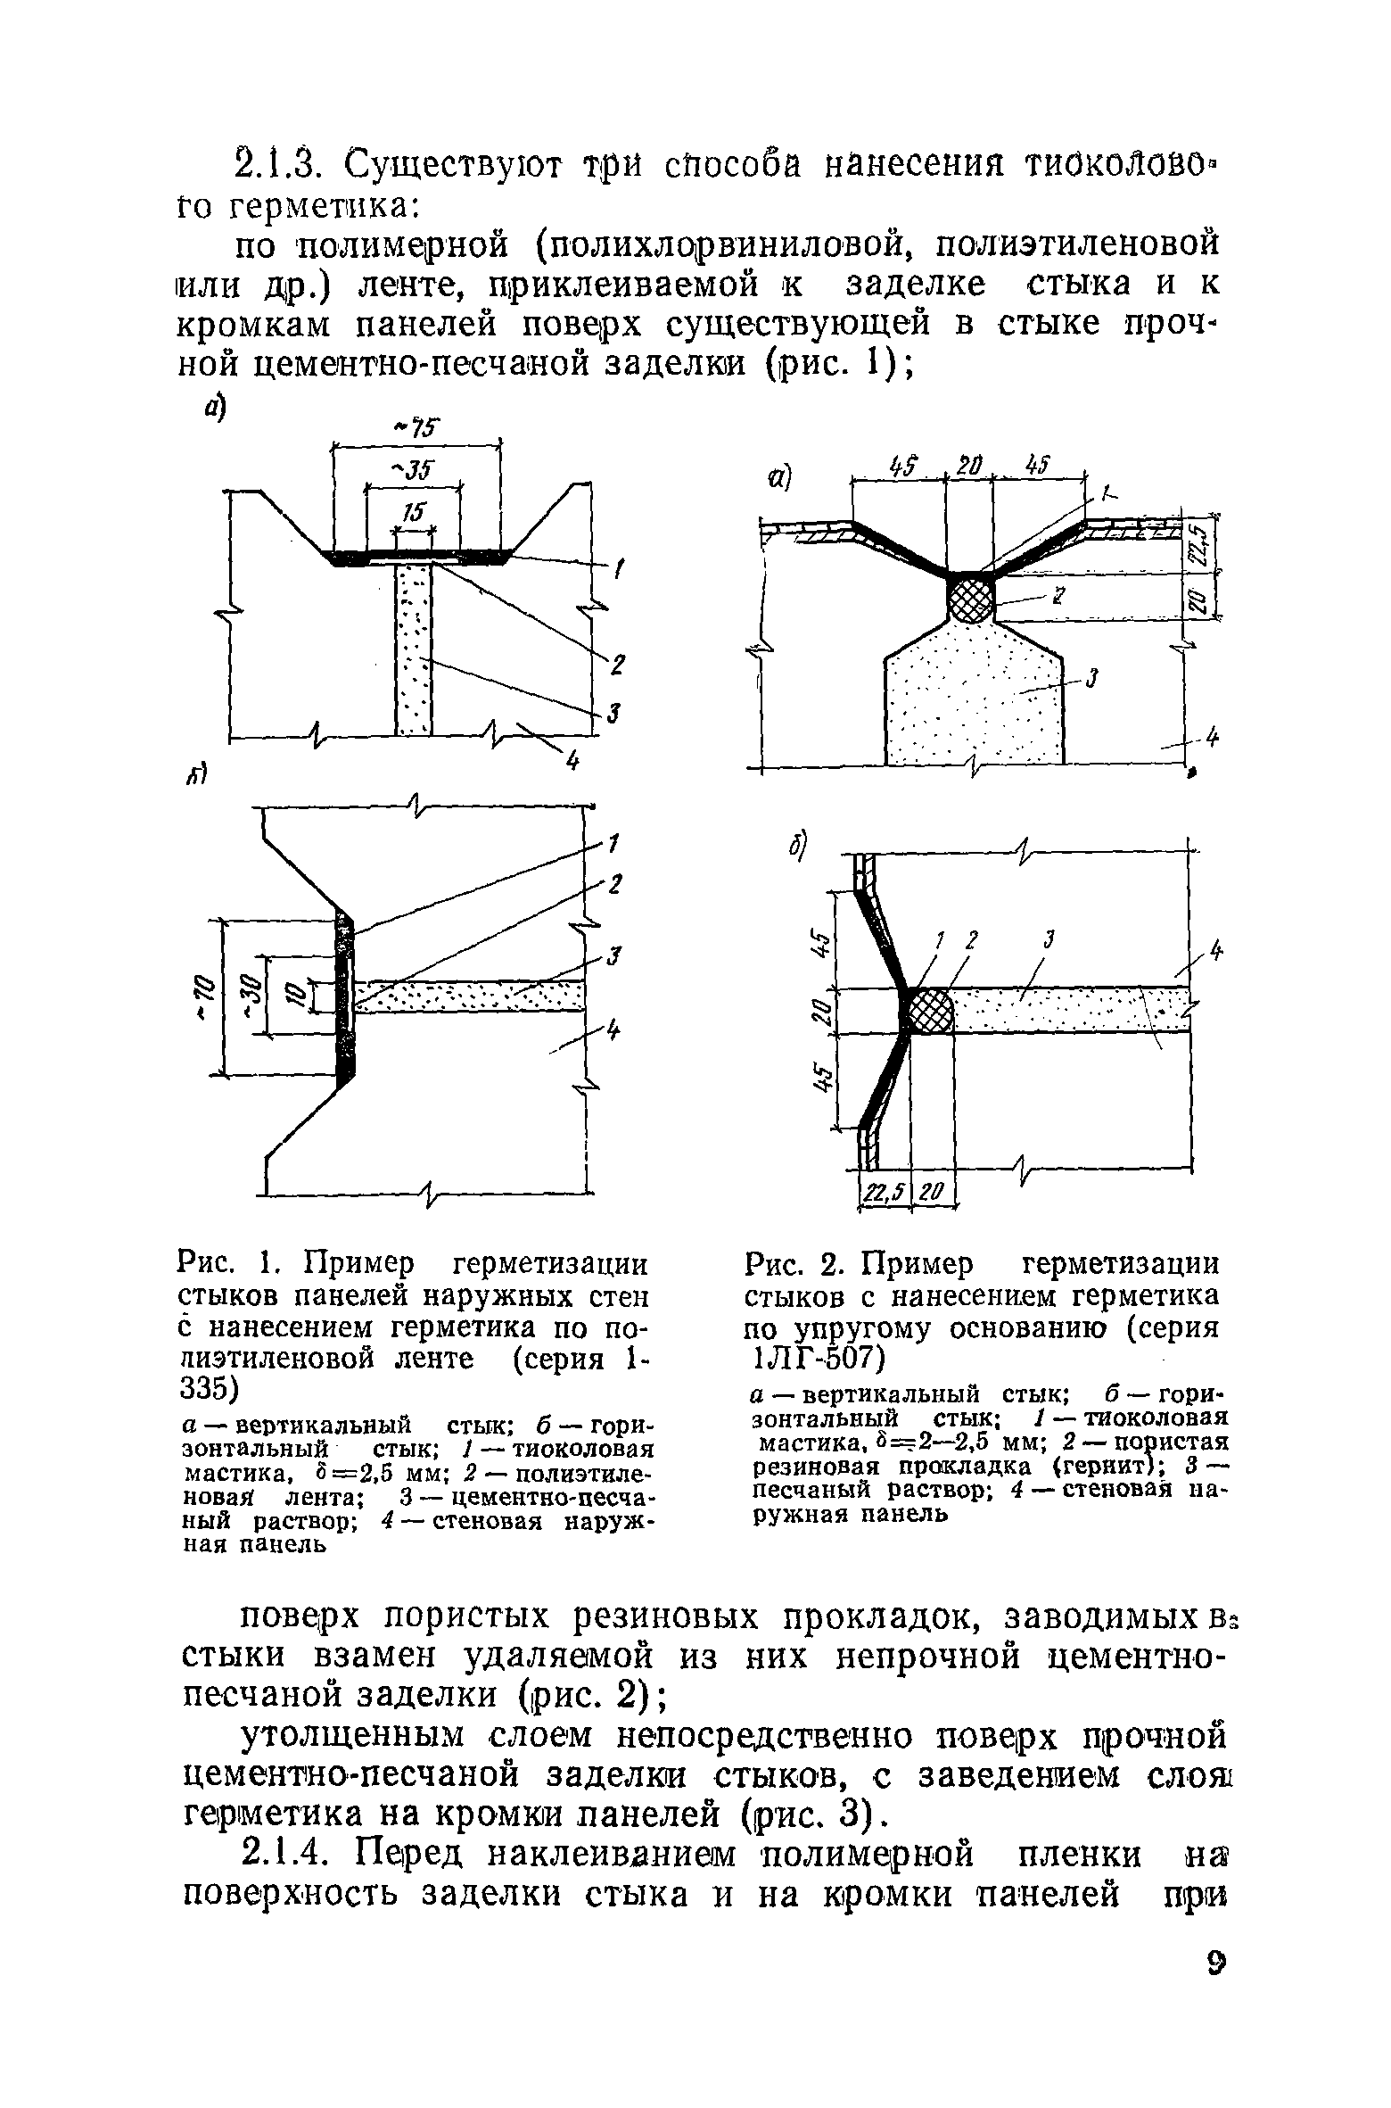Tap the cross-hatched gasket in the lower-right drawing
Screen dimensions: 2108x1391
(x=929, y=1010)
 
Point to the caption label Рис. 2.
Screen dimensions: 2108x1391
(x=790, y=1266)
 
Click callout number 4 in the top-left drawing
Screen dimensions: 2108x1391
(x=572, y=760)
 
